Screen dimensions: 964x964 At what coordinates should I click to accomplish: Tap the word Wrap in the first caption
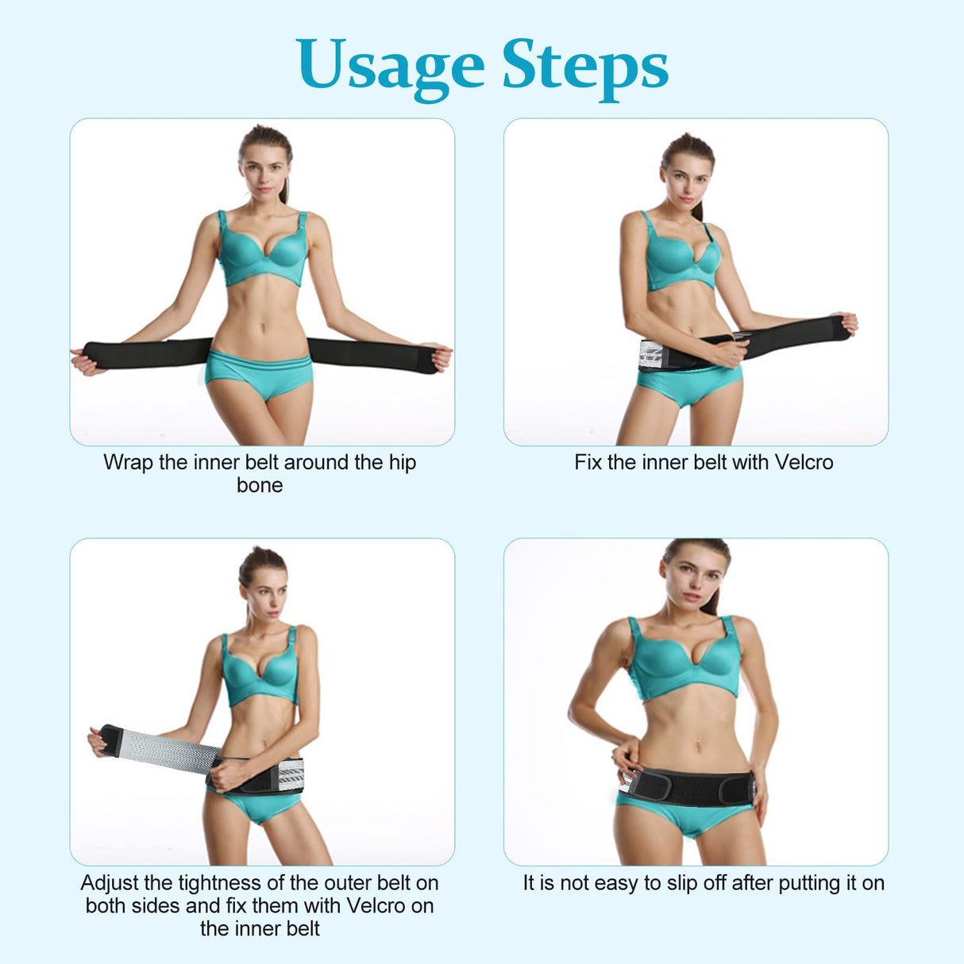[x=128, y=463]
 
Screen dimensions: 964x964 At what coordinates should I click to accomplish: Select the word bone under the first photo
[x=260, y=485]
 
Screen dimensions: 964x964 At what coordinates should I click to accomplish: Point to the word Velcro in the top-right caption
[x=804, y=462]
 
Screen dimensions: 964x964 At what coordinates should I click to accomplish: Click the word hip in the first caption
[x=403, y=463]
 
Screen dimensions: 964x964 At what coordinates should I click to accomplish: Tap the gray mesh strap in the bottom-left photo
[x=165, y=750]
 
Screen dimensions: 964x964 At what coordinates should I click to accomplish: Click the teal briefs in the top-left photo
[x=260, y=372]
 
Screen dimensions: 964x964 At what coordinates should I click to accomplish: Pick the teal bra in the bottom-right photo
[x=684, y=661]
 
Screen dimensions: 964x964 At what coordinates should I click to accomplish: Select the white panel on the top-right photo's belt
[x=651, y=355]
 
